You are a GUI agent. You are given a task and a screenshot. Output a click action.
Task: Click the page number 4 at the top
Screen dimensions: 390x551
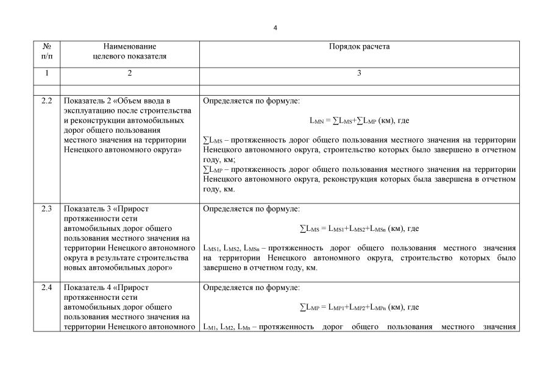coord(275,28)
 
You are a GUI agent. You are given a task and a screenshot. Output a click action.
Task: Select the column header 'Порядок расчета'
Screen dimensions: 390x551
coord(359,46)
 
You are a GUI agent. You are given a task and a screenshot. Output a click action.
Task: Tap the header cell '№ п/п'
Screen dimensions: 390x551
coord(47,51)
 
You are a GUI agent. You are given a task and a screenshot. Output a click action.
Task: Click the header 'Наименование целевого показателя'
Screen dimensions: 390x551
coord(129,51)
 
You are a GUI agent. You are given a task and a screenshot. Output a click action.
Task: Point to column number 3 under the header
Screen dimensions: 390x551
coord(359,74)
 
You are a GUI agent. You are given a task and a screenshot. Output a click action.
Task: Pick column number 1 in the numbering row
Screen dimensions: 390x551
coord(47,74)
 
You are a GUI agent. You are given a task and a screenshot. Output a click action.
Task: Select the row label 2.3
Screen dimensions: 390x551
coord(47,209)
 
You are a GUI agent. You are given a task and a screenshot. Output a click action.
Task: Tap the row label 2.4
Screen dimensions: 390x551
coord(47,288)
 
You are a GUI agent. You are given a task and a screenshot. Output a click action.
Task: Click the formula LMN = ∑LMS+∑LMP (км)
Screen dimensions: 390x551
coord(359,121)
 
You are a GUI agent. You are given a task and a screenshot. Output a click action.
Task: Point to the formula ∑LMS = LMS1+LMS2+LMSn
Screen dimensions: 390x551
coord(359,229)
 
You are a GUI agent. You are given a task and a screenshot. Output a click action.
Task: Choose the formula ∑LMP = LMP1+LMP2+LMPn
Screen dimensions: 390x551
coord(359,307)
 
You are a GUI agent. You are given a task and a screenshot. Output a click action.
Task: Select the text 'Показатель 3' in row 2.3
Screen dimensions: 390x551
coord(87,209)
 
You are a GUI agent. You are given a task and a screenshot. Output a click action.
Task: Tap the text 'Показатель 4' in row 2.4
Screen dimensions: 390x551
coord(87,288)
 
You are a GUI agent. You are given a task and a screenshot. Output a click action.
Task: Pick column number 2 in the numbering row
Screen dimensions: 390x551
coord(129,74)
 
